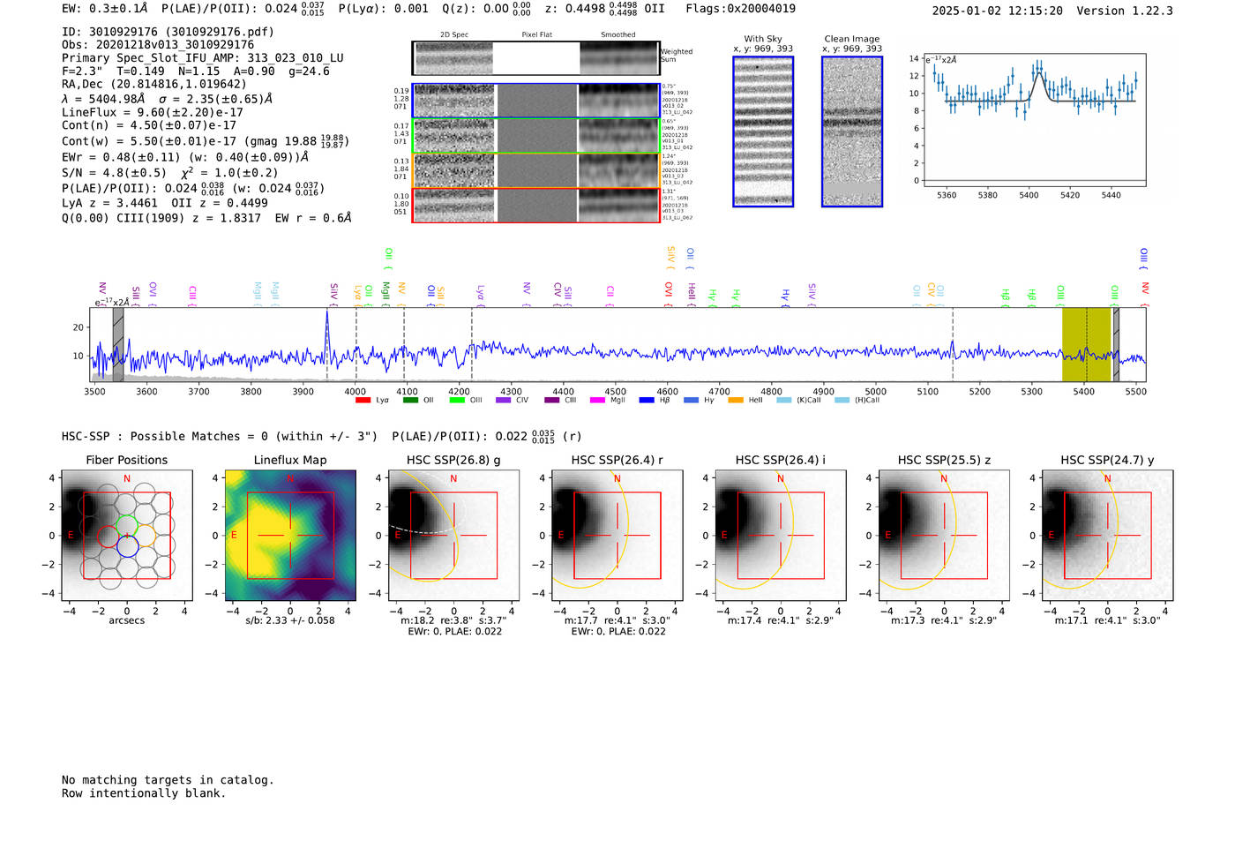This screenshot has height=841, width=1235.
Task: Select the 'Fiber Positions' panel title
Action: click(126, 460)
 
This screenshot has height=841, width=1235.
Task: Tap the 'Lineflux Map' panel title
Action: click(289, 460)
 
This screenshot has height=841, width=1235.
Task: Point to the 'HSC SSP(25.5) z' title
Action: click(944, 460)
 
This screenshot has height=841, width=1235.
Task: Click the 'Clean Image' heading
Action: click(851, 39)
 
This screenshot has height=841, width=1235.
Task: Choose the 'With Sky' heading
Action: click(762, 39)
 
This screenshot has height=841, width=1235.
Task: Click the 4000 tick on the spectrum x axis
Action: click(355, 392)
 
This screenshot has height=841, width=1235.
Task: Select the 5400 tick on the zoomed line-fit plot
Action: click(1029, 195)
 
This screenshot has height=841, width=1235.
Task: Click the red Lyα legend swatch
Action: click(363, 401)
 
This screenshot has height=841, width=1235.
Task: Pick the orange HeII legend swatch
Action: click(736, 401)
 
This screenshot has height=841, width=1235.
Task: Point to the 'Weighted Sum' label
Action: click(676, 56)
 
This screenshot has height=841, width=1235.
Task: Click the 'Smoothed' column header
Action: click(617, 35)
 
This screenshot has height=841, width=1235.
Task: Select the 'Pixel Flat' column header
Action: click(536, 35)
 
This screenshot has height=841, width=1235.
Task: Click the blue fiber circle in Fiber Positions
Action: click(127, 546)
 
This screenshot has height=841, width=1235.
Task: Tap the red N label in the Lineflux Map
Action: click(289, 478)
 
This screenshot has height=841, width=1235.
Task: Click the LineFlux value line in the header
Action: click(152, 112)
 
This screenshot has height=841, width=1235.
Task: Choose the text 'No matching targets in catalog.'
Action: click(168, 780)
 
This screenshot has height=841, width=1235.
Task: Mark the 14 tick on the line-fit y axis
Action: click(914, 58)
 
